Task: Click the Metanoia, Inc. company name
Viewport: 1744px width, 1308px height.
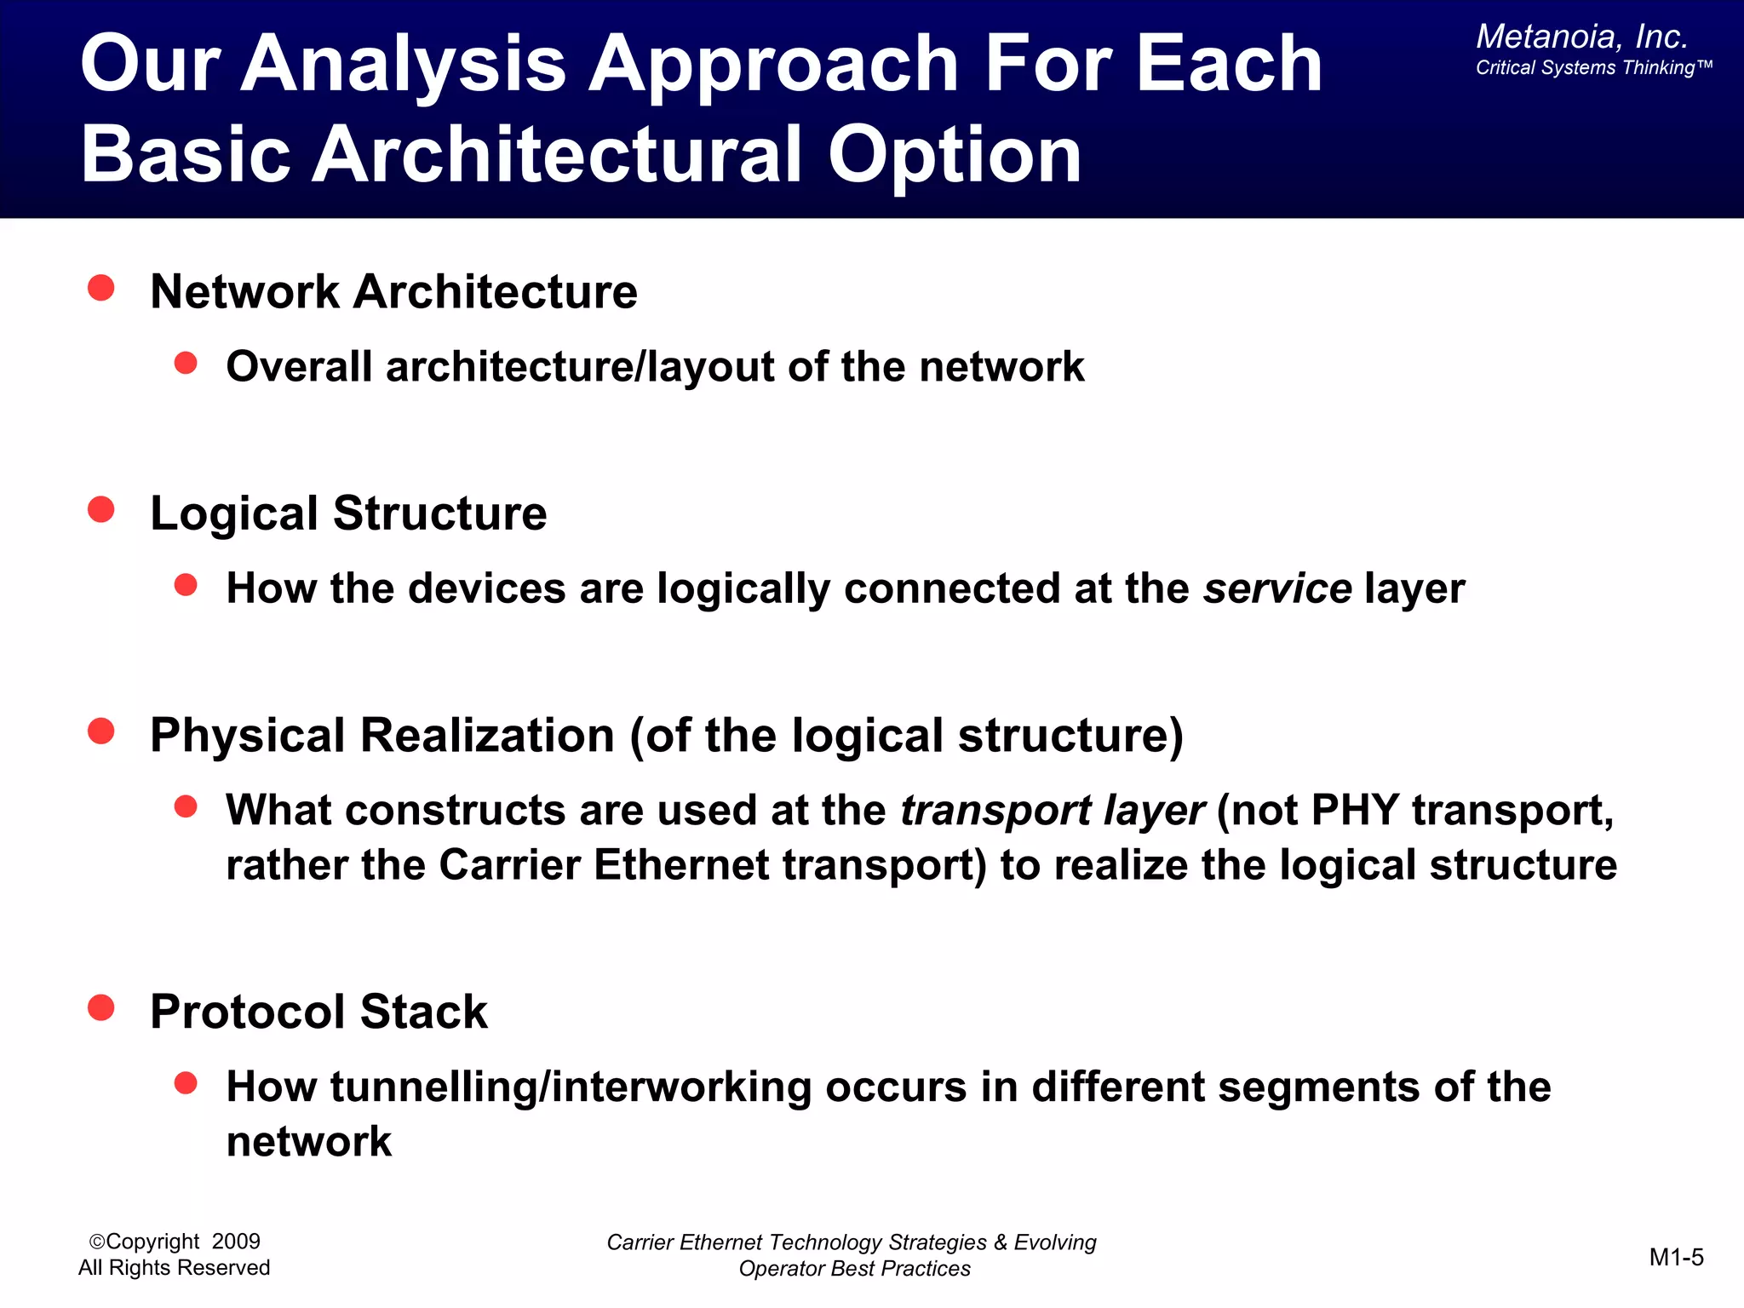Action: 1581,37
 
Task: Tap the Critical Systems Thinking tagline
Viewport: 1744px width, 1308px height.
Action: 1592,68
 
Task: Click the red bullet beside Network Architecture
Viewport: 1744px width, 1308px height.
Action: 101,288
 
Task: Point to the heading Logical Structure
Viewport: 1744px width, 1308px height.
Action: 348,513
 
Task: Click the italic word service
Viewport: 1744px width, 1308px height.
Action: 1277,588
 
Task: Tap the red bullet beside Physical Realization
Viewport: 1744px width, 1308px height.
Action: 101,731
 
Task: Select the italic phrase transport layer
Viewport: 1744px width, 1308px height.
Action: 1053,810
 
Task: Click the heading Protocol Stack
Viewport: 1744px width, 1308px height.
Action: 318,1012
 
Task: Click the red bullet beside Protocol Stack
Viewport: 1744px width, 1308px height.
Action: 101,1007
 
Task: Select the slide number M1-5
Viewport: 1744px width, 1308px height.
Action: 1676,1257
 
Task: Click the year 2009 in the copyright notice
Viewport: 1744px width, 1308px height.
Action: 236,1242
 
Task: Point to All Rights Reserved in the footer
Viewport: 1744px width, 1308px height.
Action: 174,1268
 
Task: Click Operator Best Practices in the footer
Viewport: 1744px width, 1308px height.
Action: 854,1269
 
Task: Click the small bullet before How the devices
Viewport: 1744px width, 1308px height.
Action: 186,585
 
